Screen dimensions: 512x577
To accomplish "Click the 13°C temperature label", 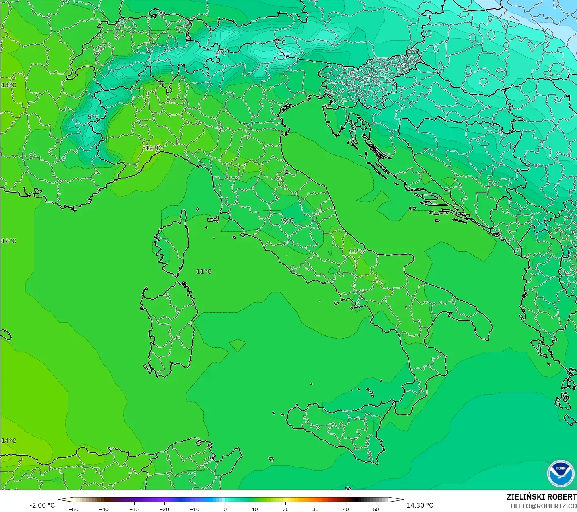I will coord(8,85).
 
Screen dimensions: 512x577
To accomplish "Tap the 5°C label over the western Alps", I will coord(93,117).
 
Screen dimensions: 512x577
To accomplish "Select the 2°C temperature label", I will coord(220,53).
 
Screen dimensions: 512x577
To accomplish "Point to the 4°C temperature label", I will coord(280,42).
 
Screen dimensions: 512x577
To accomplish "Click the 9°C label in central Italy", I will coord(288,220).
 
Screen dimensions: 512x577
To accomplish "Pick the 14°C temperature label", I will coord(8,441).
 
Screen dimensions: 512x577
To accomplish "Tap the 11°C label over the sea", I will coord(204,271).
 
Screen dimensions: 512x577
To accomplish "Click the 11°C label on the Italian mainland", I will coord(357,251).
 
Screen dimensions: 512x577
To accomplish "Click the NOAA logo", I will coord(561,473).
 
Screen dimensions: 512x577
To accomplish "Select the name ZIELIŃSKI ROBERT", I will coord(541,497).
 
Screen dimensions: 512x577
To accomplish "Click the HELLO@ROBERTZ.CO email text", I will coord(544,506).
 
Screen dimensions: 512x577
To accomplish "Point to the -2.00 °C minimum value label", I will coord(42,505).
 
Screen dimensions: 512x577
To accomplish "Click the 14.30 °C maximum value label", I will coord(420,505).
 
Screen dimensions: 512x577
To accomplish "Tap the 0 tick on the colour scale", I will coord(225,509).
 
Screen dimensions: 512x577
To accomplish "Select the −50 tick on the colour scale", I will coord(74,509).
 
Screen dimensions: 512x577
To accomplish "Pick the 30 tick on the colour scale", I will coord(316,509).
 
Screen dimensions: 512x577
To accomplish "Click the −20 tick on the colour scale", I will coord(164,509).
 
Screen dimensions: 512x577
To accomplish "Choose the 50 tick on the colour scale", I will coord(376,509).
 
